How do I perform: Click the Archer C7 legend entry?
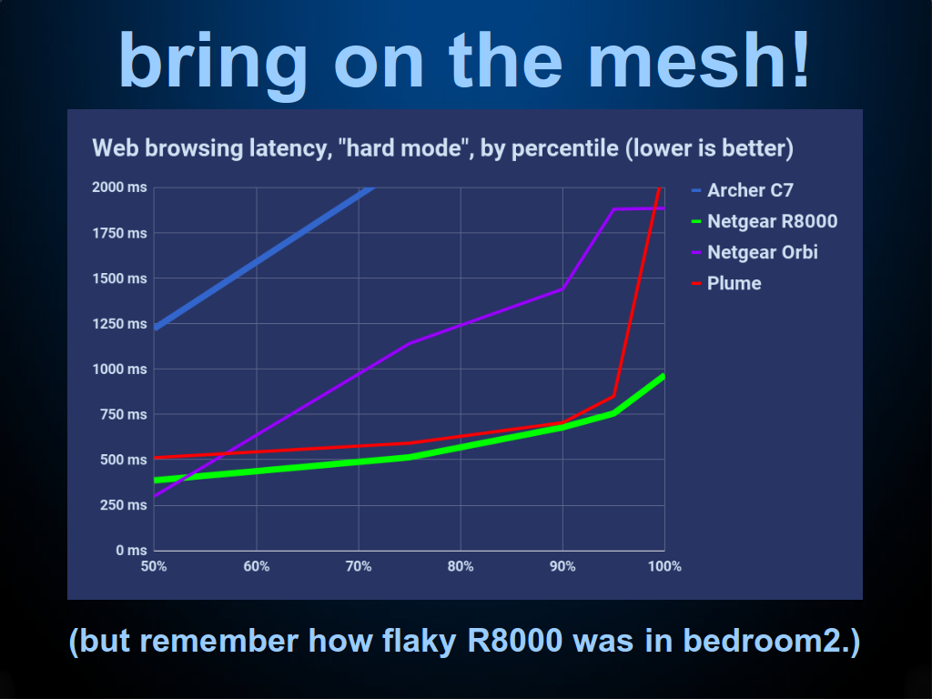click(743, 190)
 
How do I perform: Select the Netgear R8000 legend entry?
click(765, 221)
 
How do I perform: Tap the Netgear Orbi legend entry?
click(755, 252)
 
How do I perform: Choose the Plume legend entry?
click(726, 283)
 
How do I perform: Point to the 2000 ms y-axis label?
click(119, 187)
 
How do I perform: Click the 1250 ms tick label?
click(119, 324)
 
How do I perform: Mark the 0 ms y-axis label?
click(131, 551)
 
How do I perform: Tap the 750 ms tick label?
click(124, 414)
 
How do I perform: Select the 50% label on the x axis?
click(154, 566)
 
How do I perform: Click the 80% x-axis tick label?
click(461, 566)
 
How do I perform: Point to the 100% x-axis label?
click(664, 566)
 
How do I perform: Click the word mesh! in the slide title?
click(699, 60)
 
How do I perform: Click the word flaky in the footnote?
click(419, 642)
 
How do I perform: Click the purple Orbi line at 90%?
click(562, 289)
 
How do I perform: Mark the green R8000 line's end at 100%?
click(664, 376)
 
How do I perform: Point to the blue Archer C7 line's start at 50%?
click(155, 328)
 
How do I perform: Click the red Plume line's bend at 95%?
click(613, 396)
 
